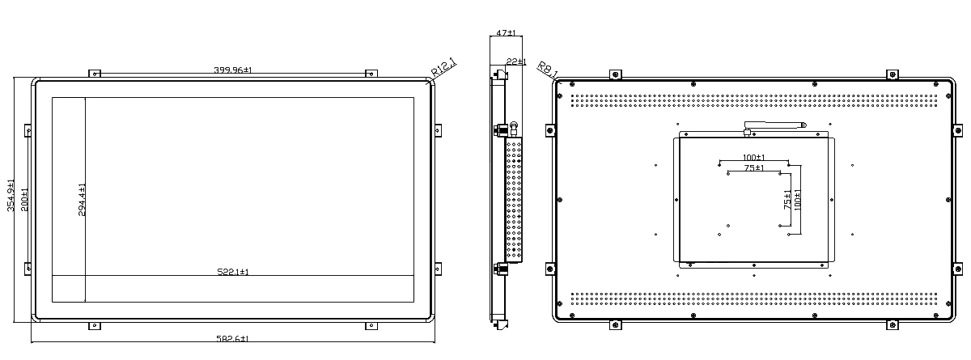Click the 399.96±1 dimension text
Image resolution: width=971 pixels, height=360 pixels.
tap(233, 70)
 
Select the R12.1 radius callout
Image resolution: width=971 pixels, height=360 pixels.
tap(444, 68)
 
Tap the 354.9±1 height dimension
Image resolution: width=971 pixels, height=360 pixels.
tap(11, 196)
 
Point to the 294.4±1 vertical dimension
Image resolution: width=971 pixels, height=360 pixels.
tap(82, 200)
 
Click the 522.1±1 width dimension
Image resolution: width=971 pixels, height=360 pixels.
tap(233, 272)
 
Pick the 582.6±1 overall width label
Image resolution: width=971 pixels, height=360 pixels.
tap(232, 338)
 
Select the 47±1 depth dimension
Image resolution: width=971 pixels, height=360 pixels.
tap(506, 32)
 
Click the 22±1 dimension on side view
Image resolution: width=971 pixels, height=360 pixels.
tap(516, 62)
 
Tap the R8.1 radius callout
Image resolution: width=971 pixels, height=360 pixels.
tap(548, 70)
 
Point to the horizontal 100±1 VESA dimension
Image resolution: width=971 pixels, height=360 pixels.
tap(754, 157)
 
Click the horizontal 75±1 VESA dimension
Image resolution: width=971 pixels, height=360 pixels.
tap(754, 167)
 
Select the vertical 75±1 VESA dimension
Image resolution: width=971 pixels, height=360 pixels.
tap(787, 200)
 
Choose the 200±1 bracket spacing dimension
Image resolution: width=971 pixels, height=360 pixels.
tap(25, 200)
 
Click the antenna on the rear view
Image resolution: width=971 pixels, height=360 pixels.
tap(774, 127)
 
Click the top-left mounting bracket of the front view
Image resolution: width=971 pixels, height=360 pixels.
tap(95, 74)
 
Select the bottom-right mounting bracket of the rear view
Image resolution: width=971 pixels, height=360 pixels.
tap(892, 324)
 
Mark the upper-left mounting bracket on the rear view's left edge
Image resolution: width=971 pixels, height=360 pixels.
tap(550, 130)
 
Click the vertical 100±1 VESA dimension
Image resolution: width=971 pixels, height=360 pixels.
tap(798, 200)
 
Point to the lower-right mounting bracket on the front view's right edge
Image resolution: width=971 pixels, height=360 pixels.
tap(438, 269)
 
